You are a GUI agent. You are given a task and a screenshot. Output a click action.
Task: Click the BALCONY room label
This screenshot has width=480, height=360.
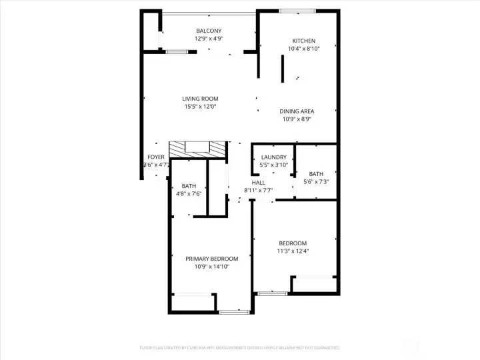pos(209,31)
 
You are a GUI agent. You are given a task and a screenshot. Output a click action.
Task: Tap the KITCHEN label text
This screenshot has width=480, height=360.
pos(304,41)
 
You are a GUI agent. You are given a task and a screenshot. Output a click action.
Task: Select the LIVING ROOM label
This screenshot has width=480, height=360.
pos(200,99)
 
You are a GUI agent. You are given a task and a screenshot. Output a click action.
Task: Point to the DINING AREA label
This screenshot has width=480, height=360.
pos(297,111)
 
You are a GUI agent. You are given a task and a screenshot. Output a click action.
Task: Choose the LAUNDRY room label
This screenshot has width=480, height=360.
pos(273,157)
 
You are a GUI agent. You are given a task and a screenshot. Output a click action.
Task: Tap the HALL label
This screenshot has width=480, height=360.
pos(259,182)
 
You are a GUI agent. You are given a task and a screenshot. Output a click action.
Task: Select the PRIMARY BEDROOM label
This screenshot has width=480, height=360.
pos(211,259)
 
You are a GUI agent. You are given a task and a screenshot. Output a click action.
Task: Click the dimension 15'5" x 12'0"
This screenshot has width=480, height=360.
pos(200,107)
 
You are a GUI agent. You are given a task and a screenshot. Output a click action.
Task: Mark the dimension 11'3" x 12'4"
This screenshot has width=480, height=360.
pos(293,251)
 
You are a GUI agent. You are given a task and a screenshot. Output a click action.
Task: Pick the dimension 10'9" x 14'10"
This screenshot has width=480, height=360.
pos(211,267)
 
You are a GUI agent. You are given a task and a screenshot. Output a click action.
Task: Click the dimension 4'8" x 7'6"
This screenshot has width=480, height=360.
pos(189,194)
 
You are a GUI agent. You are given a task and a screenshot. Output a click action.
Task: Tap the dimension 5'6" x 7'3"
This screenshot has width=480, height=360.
pos(316,181)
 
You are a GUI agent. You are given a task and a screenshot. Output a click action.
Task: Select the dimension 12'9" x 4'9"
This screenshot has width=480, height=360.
pos(209,39)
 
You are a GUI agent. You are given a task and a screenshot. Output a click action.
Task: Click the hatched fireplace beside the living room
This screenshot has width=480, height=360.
pos(198,149)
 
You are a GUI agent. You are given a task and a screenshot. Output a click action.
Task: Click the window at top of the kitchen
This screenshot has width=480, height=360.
pos(297,11)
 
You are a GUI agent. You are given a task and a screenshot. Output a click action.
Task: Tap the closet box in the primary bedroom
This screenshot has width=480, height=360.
pos(193,303)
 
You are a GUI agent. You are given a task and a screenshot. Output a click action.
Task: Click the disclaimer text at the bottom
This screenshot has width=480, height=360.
pos(240,347)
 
